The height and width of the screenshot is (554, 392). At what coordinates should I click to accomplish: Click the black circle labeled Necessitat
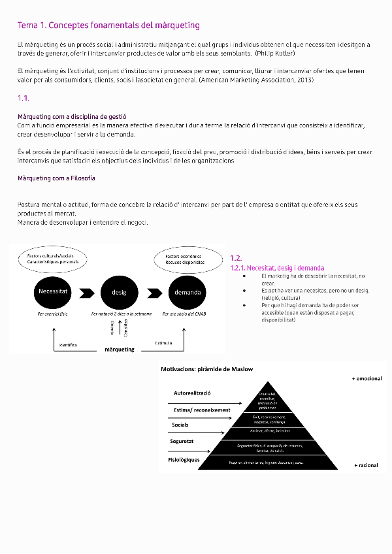pyautogui.click(x=54, y=291)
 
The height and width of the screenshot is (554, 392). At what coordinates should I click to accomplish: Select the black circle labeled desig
pyautogui.click(x=119, y=292)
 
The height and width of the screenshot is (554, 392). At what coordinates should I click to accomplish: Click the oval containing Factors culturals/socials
pyautogui.click(x=53, y=259)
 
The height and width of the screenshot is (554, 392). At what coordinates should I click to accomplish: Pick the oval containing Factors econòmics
pyautogui.click(x=185, y=259)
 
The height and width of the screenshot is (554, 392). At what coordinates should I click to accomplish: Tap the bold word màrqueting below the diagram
pyautogui.click(x=120, y=350)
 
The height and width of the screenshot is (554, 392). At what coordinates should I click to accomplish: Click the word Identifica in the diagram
pyautogui.click(x=68, y=344)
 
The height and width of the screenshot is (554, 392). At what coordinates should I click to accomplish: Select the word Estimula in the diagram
pyautogui.click(x=164, y=342)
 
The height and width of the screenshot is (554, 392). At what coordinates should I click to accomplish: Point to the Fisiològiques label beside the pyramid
pyautogui.click(x=184, y=460)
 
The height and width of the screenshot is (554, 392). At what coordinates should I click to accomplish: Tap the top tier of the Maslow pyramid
pyautogui.click(x=267, y=399)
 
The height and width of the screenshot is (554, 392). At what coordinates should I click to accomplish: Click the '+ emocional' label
pyautogui.click(x=367, y=378)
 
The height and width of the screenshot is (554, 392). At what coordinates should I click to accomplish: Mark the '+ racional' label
pyautogui.click(x=365, y=465)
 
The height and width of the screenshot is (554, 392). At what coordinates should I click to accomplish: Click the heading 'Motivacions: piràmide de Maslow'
pyautogui.click(x=206, y=369)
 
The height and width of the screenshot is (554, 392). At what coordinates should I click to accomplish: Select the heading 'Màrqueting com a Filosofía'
pyautogui.click(x=56, y=178)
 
